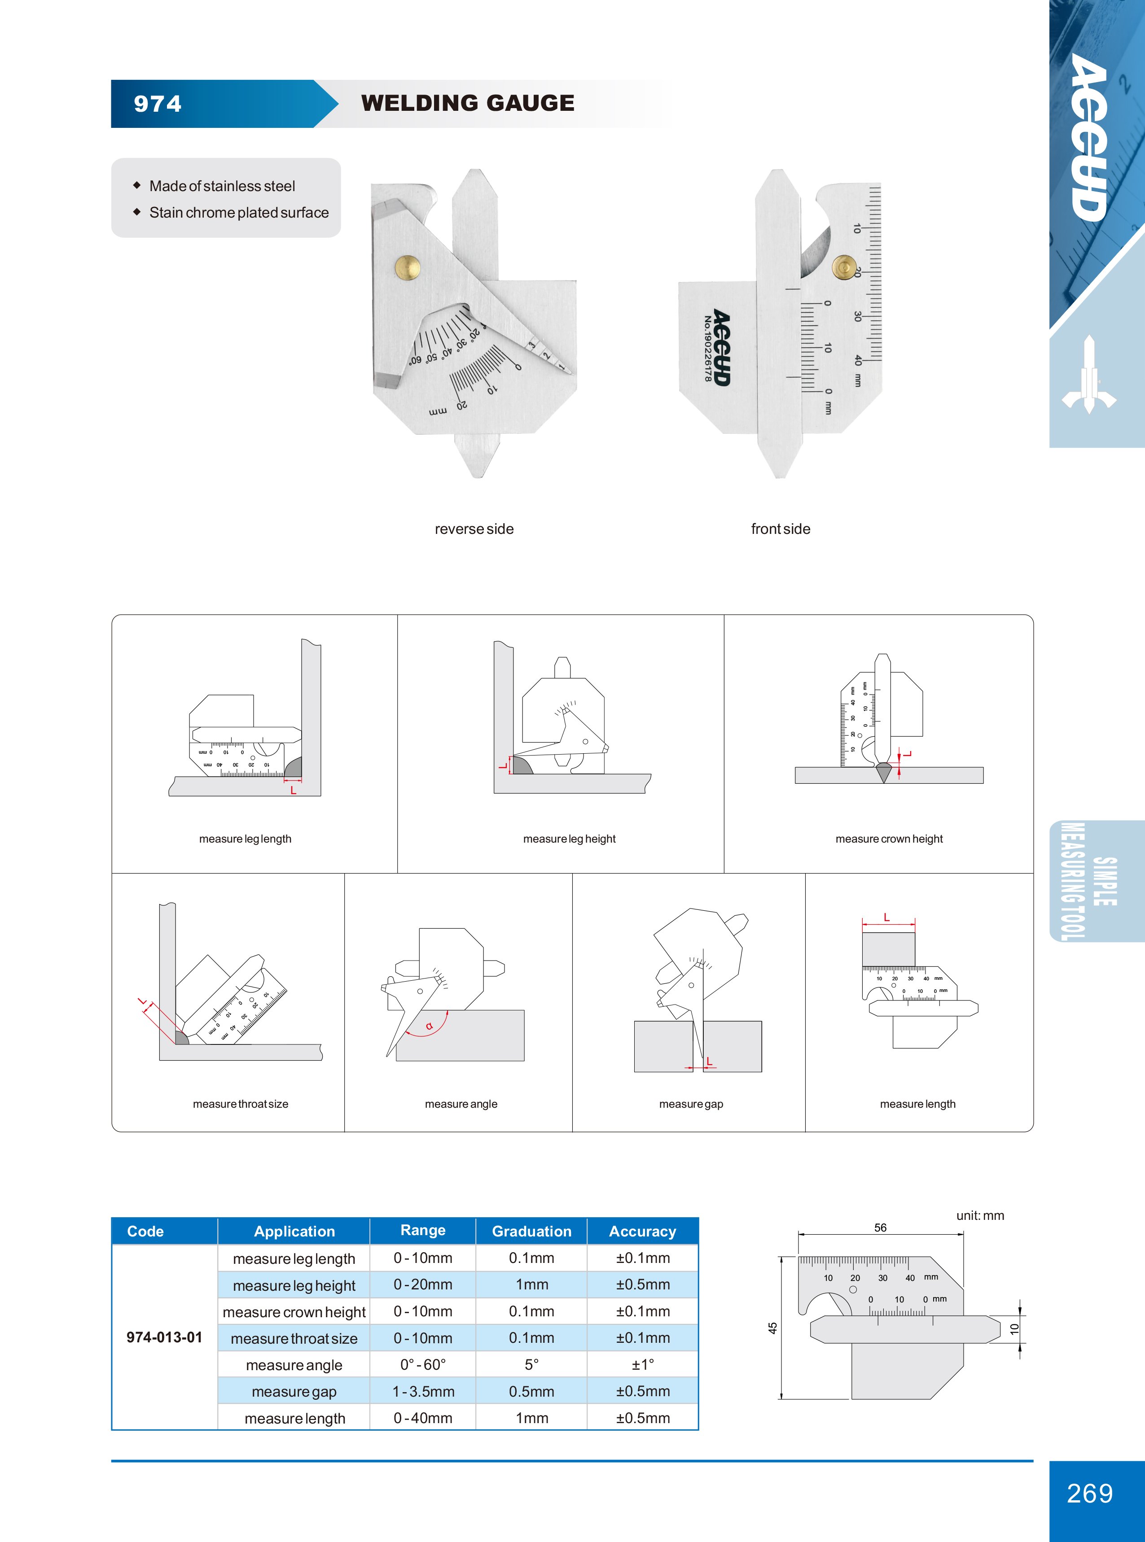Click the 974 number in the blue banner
[158, 104]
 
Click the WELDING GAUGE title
[468, 103]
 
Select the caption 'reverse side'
[474, 529]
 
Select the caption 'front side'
[781, 529]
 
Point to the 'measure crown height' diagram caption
[889, 839]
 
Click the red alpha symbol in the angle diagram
[429, 1026]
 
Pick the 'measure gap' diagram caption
[691, 1104]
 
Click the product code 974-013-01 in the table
[164, 1337]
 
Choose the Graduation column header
[531, 1231]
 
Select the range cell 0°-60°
[423, 1365]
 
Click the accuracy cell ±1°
[642, 1365]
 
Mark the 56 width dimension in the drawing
[880, 1227]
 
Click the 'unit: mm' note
[980, 1216]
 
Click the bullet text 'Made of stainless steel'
[222, 186]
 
